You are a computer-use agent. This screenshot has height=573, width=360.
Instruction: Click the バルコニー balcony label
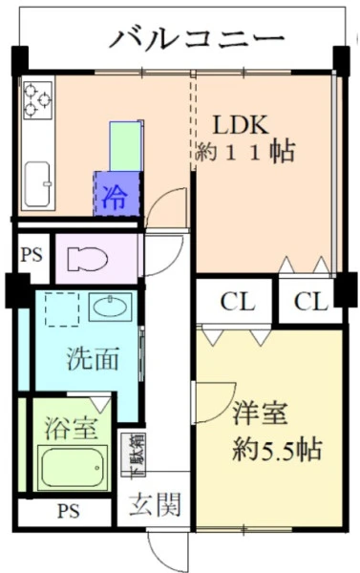(197, 38)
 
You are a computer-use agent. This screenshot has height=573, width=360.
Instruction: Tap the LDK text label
(241, 124)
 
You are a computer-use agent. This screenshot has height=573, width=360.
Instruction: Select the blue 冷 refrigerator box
(116, 194)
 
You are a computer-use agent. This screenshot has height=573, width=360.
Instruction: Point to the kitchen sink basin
(37, 184)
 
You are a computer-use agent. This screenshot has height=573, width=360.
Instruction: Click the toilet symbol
(87, 259)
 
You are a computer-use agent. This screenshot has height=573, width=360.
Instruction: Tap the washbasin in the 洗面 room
(111, 307)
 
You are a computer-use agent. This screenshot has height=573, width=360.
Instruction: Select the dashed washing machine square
(62, 309)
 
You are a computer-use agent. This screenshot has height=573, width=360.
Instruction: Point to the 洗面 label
(93, 358)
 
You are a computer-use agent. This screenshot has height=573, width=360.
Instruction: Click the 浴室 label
(71, 427)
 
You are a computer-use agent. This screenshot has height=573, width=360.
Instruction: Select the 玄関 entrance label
(155, 504)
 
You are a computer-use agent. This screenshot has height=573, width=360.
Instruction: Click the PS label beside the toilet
(32, 255)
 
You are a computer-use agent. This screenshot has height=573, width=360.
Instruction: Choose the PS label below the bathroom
(69, 511)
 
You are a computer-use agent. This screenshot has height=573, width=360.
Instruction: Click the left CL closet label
(238, 302)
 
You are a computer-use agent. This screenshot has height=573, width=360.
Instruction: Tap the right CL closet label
(311, 302)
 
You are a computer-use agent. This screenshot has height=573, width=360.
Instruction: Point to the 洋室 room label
(261, 413)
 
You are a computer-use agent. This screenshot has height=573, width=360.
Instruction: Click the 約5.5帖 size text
(277, 449)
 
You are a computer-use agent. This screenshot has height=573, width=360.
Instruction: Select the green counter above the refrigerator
(126, 146)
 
